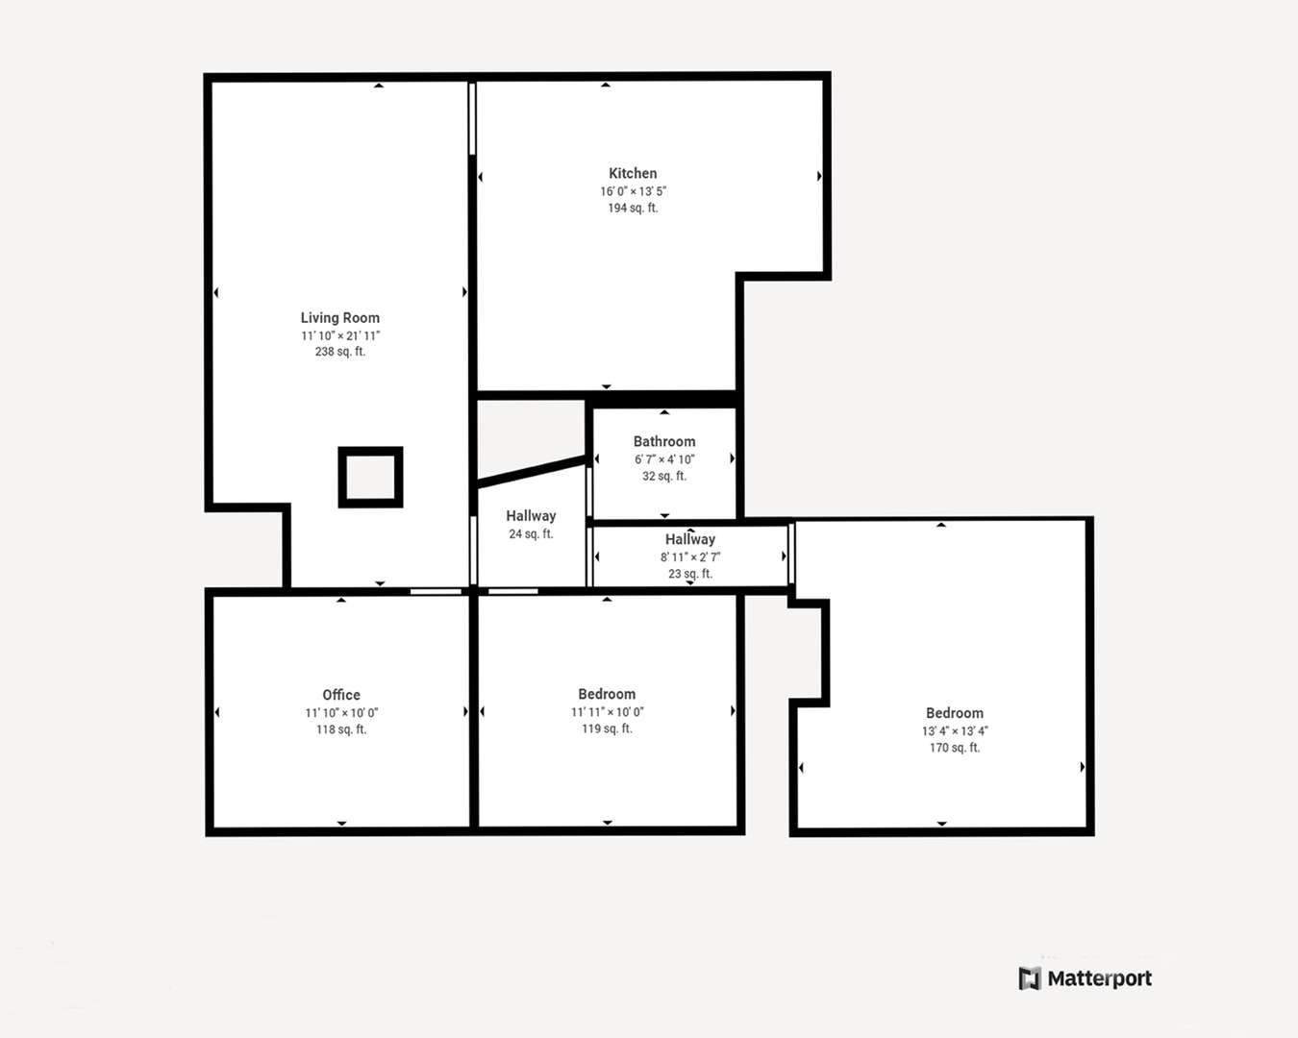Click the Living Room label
coord(339,318)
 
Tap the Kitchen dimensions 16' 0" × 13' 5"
coord(633,191)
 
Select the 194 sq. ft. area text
coord(633,208)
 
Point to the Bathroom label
coord(663,441)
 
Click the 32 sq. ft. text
coord(663,476)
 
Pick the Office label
coord(341,695)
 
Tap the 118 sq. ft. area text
coord(341,729)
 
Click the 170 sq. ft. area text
coord(954,748)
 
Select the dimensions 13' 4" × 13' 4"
coord(954,731)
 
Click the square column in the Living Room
coord(370,477)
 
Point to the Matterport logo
coord(1085,978)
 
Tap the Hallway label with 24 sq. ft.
coord(531,516)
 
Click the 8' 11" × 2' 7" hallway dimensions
coord(689,557)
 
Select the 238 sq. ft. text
coord(339,352)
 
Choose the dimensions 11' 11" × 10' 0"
coord(607,712)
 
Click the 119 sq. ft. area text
coord(607,729)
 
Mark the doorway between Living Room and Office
coord(436,591)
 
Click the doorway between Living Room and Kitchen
coord(472,119)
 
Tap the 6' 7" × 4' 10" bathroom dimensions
coord(663,459)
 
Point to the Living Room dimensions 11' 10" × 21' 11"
coord(339,335)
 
